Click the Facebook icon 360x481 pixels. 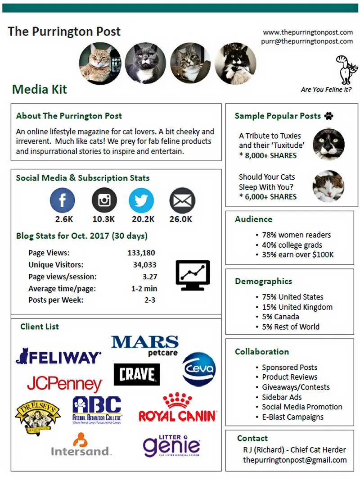(x=62, y=200)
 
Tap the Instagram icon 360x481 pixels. (x=104, y=200)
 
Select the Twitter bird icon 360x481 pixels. (x=141, y=200)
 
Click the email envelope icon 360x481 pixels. (x=182, y=200)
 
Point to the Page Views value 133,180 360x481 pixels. (x=141, y=253)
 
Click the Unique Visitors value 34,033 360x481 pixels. (x=144, y=265)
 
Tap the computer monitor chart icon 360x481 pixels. (x=193, y=275)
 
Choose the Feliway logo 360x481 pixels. (x=58, y=356)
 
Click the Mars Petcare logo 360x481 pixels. (x=145, y=345)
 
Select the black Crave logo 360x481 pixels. (x=137, y=375)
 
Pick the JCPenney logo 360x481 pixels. (x=64, y=384)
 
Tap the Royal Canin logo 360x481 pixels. (x=177, y=408)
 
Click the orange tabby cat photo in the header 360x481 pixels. (x=100, y=64)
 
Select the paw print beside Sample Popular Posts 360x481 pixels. (x=329, y=116)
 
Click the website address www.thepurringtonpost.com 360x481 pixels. (x=308, y=32)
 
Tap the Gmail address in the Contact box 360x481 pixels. (x=295, y=460)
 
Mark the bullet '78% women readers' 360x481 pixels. (x=296, y=235)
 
